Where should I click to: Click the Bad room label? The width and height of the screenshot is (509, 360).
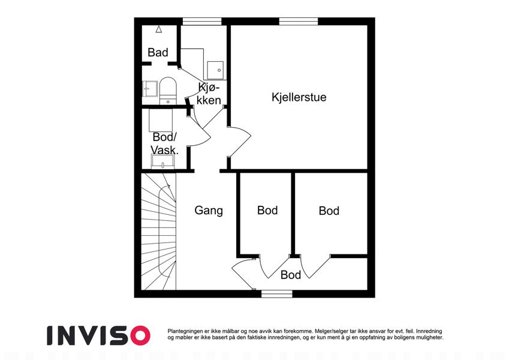158,52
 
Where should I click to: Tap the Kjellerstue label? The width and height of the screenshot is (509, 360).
299,97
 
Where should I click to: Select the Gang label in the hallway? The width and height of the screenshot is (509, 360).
209,211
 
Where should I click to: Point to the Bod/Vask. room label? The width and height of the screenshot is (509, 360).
165,143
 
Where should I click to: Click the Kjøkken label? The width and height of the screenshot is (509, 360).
209,94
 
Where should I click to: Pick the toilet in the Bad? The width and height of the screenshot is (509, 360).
168,91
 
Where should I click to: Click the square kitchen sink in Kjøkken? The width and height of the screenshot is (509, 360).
215,70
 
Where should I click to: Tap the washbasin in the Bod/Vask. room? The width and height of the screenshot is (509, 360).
162,161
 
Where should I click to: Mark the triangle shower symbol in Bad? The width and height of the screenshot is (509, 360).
159,29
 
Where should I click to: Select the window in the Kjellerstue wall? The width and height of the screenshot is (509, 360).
299,21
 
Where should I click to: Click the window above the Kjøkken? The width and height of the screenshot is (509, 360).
202,21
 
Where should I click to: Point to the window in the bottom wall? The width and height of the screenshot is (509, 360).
277,294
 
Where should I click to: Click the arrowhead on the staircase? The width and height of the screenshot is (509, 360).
168,186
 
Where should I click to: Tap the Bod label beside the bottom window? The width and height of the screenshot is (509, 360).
291,275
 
